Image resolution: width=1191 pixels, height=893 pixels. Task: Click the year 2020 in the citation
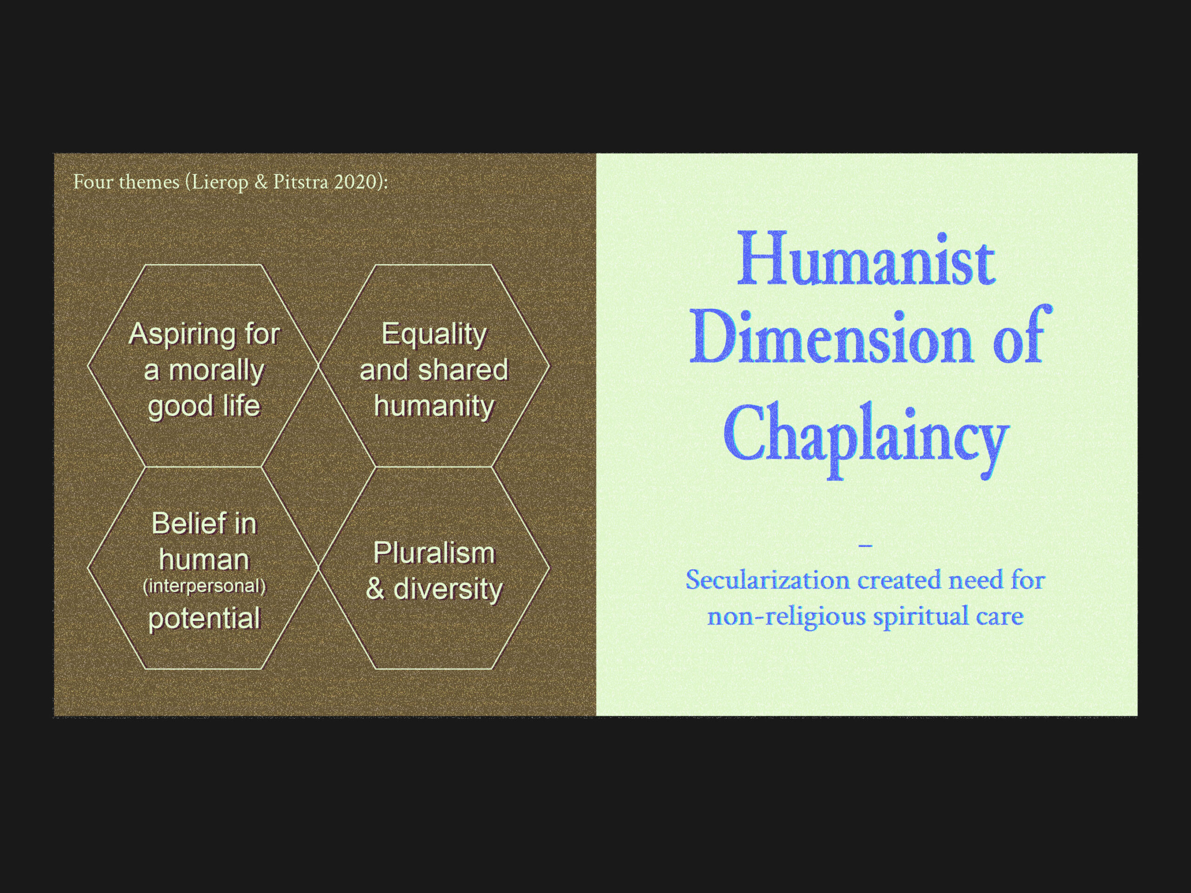[x=355, y=182]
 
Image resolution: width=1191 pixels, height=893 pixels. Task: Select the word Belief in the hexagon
[x=179, y=523]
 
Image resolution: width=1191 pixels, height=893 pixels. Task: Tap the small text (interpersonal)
[x=204, y=586]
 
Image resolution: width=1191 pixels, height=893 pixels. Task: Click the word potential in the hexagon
[x=204, y=619]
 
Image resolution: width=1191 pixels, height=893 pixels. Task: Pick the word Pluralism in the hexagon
[x=434, y=553]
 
